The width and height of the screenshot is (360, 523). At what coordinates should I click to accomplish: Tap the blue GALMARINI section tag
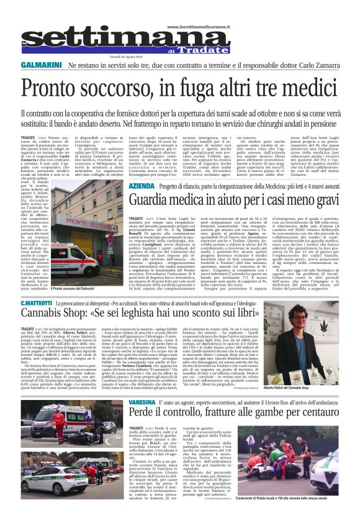click(x=41, y=65)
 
